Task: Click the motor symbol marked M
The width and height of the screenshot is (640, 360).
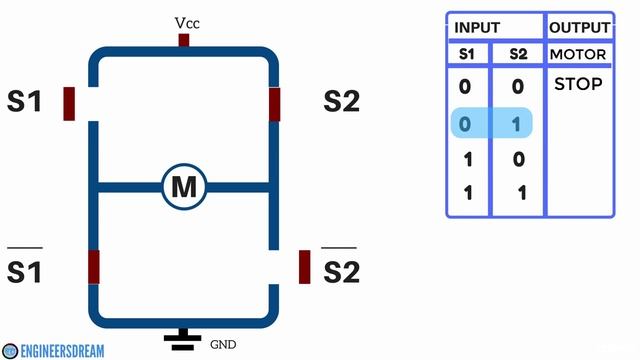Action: pos(183,186)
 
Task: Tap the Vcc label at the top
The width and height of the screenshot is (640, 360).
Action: pos(187,22)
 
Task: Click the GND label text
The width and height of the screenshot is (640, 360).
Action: pos(223,344)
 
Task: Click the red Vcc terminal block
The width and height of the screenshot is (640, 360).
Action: pos(184,40)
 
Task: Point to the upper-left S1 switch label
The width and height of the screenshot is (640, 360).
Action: pos(25,101)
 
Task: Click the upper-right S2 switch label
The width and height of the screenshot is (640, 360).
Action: pos(341,101)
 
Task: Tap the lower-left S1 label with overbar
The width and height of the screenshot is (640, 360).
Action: pos(25,270)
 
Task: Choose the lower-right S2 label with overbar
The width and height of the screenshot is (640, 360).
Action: pos(341,270)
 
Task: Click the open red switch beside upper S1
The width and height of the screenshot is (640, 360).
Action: pos(69,103)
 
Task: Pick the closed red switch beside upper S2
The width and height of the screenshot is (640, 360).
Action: pos(274,103)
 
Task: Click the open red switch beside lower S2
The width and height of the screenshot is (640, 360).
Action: pos(305,267)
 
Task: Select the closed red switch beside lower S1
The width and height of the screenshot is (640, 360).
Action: pos(94,267)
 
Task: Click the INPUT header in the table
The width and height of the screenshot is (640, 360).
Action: pos(477,28)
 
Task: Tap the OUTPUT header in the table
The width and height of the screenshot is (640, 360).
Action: pos(578,28)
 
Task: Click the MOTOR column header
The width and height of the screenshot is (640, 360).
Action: pos(578,54)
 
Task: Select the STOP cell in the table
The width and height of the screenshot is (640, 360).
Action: pos(578,85)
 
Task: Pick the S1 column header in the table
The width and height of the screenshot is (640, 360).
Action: pos(465,54)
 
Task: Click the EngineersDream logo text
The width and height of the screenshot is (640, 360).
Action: pos(64,351)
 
